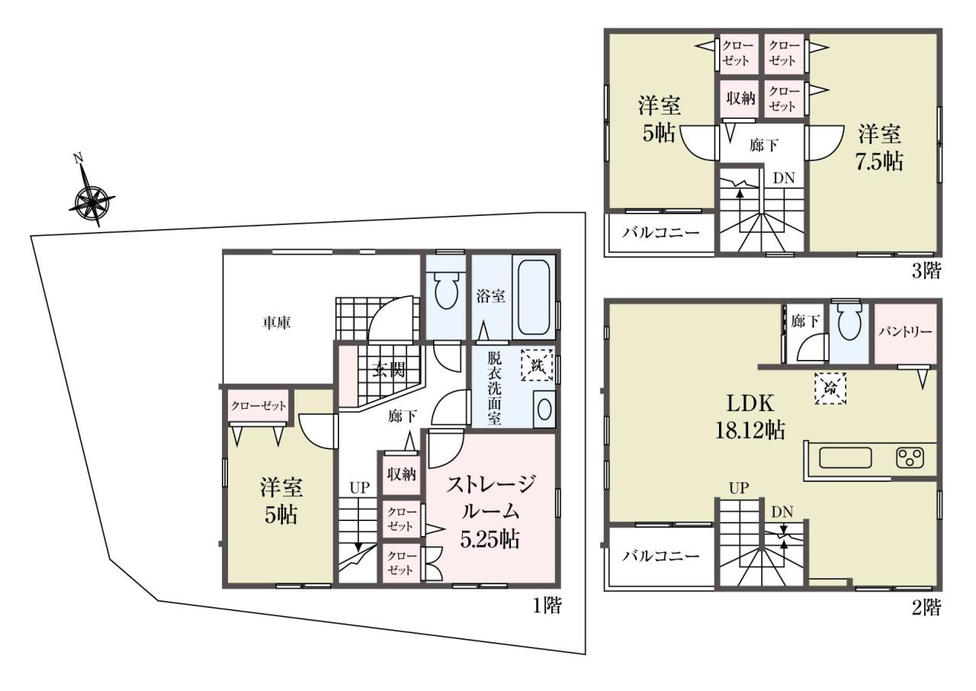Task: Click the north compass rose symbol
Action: click(x=91, y=201)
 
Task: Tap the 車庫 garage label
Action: click(x=277, y=323)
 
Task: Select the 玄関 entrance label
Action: click(x=390, y=370)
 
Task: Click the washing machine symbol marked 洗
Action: click(x=537, y=365)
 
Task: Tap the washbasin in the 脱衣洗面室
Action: click(x=544, y=409)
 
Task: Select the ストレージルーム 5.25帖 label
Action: click(x=490, y=512)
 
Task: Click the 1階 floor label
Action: click(x=547, y=605)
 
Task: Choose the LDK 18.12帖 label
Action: click(x=750, y=416)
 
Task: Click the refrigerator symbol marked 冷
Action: click(x=830, y=389)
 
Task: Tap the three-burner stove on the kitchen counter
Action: click(x=910, y=458)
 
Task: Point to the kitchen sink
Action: click(x=846, y=458)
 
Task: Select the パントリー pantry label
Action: click(x=905, y=332)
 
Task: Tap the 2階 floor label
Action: click(x=926, y=608)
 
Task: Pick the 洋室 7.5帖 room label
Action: click(x=880, y=148)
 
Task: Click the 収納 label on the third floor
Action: click(x=740, y=98)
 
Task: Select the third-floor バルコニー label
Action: click(x=660, y=232)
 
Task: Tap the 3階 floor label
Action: click(x=926, y=271)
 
